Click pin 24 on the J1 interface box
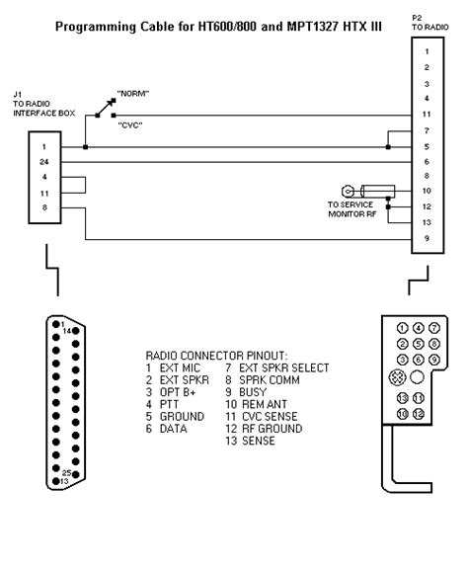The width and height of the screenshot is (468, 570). point(45,162)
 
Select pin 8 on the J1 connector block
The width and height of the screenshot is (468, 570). point(45,208)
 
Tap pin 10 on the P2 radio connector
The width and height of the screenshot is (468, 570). point(427,190)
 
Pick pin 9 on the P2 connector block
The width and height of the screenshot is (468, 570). point(427,238)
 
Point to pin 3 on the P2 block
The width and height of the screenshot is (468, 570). point(427,82)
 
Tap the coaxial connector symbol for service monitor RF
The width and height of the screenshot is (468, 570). point(348,190)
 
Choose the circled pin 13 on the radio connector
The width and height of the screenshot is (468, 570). point(402,397)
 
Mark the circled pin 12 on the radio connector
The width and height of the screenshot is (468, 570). point(419,413)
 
